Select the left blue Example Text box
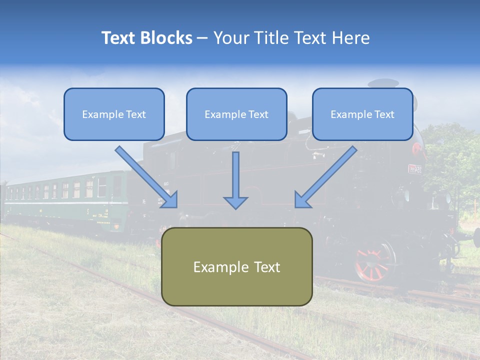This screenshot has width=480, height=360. pyautogui.click(x=114, y=114)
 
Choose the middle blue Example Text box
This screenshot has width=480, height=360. pyautogui.click(x=236, y=114)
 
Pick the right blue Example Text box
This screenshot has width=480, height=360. pyautogui.click(x=362, y=114)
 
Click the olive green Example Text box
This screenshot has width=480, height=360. pyautogui.click(x=237, y=266)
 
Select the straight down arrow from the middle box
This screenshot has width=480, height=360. pyautogui.click(x=235, y=180)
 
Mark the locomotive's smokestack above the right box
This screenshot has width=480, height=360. pyautogui.click(x=383, y=83)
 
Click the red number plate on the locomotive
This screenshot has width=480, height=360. pyautogui.click(x=414, y=169)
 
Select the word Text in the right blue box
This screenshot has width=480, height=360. pyautogui.click(x=384, y=114)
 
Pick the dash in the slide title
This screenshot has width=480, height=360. pyautogui.click(x=202, y=38)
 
